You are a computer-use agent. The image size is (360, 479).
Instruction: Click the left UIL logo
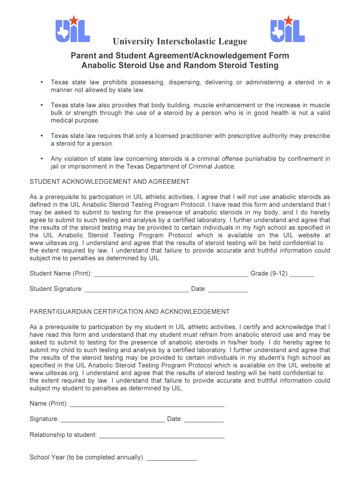[72, 30]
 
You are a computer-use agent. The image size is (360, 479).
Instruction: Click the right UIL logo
[288, 30]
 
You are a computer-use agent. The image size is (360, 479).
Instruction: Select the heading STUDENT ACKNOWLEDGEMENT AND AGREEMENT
[109, 181]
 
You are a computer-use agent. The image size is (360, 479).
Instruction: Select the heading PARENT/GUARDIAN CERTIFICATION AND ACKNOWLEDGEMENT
[130, 312]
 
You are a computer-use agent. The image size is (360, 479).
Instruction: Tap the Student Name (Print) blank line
[171, 274]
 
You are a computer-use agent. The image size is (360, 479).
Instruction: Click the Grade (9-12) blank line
[302, 274]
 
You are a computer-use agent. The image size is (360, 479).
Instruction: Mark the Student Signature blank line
[137, 290]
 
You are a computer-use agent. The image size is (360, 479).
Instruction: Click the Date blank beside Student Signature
[228, 290]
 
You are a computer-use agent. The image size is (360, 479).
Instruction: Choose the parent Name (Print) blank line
[147, 404]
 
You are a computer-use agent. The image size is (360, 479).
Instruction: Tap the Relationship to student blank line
[162, 435]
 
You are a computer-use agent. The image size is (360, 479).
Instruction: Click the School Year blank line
[172, 458]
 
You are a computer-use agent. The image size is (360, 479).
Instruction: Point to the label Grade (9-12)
[269, 273]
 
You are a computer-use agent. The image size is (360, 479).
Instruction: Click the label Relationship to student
[63, 435]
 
